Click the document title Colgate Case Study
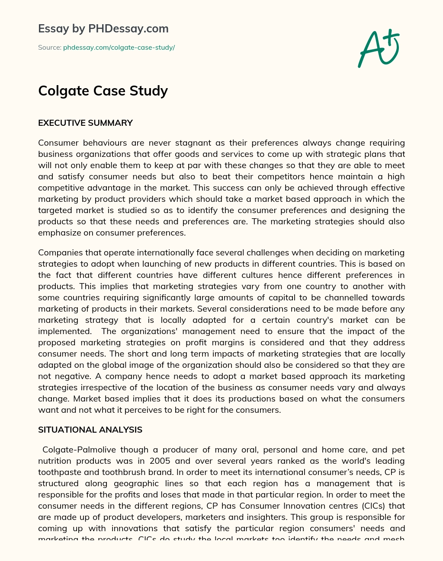coord(103,91)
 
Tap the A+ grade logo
coord(379,48)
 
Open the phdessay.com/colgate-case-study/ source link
coord(119,48)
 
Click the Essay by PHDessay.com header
coord(103,29)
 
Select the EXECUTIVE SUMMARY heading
coord(85,123)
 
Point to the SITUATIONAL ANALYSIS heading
coord(90,430)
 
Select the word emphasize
coord(59,233)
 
